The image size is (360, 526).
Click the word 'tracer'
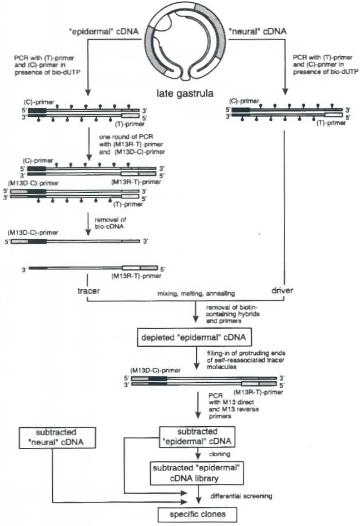[x=87, y=291]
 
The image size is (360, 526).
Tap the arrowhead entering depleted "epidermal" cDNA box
[x=196, y=321]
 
